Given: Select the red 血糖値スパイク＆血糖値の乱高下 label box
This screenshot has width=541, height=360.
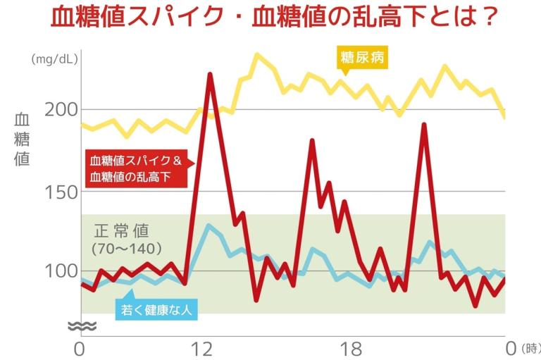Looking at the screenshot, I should coord(136,169).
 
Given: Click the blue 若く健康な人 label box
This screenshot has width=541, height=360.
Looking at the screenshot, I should coord(156,309).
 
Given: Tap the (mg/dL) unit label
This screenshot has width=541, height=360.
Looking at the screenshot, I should coord(54,60).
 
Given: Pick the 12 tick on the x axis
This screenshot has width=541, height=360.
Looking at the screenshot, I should coord(203,347).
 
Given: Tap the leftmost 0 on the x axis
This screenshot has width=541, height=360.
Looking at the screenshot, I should coord(80,347).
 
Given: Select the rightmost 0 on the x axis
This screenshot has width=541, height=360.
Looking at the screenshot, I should coord(511,347).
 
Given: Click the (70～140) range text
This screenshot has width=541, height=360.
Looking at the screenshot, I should coord(127,249).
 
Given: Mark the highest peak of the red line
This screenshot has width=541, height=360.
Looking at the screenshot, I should coord(210,74).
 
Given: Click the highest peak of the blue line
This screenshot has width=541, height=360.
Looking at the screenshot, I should coord(208,225).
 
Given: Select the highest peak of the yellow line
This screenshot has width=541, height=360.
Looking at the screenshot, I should coord(257,54).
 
